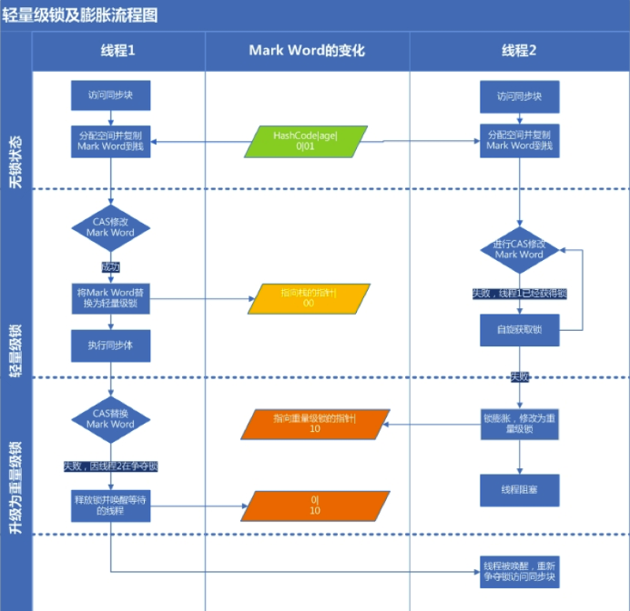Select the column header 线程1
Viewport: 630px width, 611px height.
[118, 51]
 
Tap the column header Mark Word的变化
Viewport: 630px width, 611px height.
[307, 51]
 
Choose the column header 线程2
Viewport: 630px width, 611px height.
[519, 51]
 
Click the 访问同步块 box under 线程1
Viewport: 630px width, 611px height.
[110, 95]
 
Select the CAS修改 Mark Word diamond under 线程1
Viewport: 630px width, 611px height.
[110, 226]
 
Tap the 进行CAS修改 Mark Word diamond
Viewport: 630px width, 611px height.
[519, 249]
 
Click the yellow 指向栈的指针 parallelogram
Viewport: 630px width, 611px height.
[309, 298]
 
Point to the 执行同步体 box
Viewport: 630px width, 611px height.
[110, 346]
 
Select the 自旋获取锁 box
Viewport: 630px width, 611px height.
[519, 330]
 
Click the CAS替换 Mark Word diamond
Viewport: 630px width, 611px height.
[110, 418]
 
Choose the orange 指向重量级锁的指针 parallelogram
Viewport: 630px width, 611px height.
[315, 423]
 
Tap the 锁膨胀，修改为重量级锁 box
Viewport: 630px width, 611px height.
[519, 424]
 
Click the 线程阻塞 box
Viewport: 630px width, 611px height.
[519, 489]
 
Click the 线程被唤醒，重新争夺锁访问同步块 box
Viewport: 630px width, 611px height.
[519, 570]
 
